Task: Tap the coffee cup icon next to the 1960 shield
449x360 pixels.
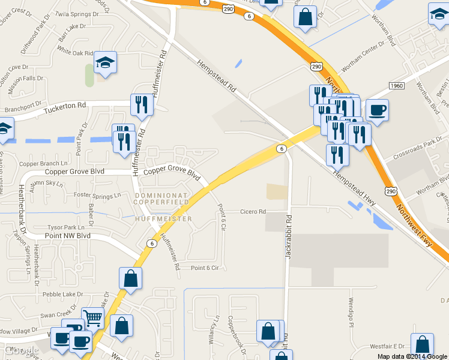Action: click(377, 110)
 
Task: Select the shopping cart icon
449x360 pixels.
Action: click(92, 318)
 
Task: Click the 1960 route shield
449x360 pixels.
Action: click(396, 86)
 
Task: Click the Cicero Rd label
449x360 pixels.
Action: click(253, 212)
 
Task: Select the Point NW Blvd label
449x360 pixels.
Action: click(68, 236)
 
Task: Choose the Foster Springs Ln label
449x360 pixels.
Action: click(97, 195)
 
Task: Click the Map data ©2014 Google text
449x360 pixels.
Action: click(412, 356)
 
